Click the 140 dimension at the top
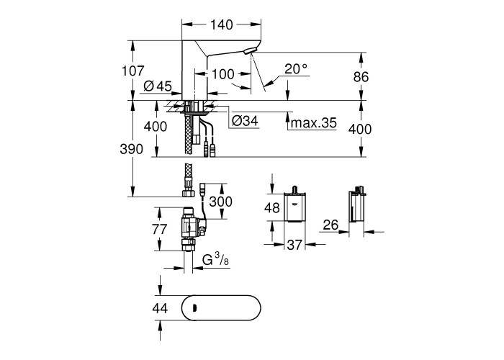point(221,24)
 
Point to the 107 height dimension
point(132,71)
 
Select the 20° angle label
point(296,68)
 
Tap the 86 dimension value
point(361,77)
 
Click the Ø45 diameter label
point(158,86)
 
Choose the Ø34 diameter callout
point(245,121)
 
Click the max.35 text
point(313,122)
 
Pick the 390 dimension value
point(132,149)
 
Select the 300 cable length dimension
point(220,202)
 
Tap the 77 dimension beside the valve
point(159,229)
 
